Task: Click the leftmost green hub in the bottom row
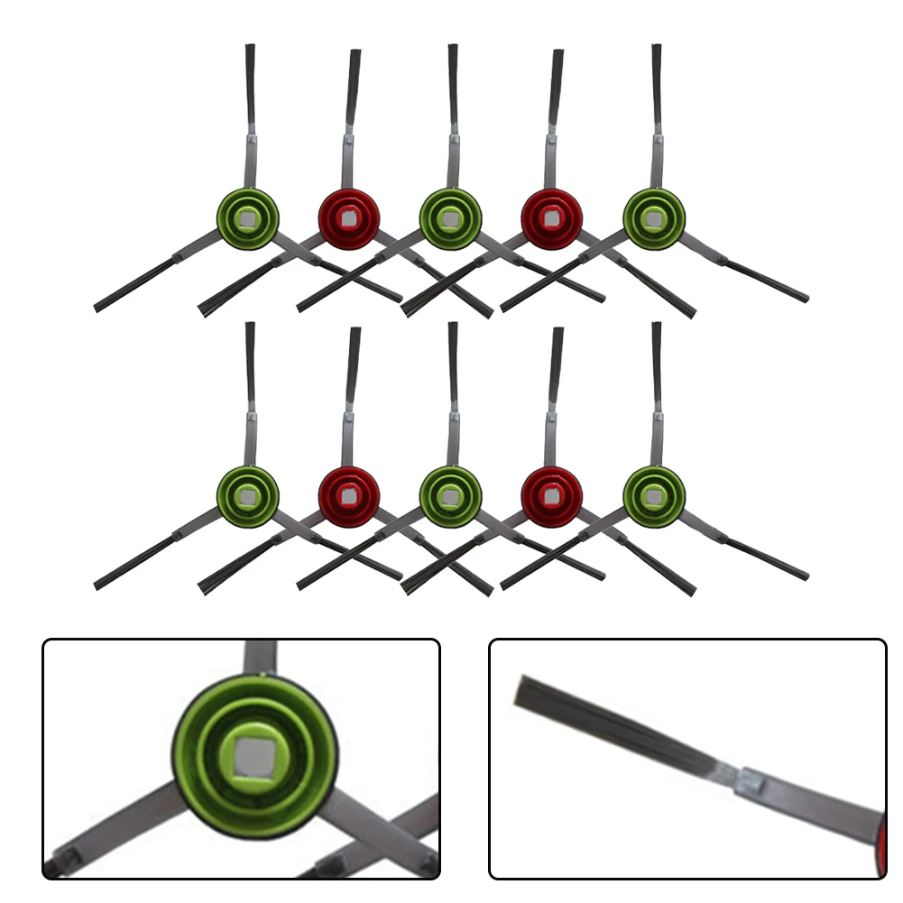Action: tap(248, 496)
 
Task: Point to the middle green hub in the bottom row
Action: tap(451, 496)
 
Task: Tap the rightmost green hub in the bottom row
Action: tap(654, 496)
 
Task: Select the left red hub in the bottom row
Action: tap(349, 496)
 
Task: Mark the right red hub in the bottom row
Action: tap(552, 496)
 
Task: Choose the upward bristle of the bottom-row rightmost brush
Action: tap(656, 361)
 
